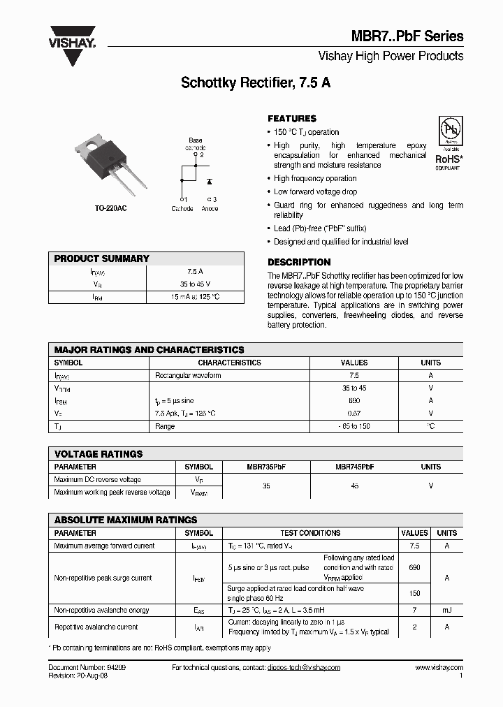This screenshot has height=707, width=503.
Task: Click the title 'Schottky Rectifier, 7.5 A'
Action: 256,82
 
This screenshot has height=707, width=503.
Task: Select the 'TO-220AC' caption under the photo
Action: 111,209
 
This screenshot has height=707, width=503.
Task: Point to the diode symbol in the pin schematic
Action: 210,182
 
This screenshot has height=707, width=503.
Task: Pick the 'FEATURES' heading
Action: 292,119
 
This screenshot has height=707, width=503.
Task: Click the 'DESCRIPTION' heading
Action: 299,262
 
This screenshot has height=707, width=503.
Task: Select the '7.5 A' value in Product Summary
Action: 195,271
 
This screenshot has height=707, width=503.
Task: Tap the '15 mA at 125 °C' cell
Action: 195,297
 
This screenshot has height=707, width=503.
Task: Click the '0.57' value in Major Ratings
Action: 353,414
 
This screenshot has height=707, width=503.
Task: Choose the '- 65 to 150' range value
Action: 353,426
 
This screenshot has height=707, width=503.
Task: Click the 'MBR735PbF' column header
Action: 266,467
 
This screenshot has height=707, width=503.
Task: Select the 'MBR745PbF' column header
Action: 354,467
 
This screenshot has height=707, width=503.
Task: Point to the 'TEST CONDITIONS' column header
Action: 310,533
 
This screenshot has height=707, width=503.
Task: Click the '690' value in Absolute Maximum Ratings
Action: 414,568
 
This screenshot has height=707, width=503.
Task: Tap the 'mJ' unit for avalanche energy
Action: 446,611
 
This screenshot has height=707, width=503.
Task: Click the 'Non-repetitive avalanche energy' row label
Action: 101,611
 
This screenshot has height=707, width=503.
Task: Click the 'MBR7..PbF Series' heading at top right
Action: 411,36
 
